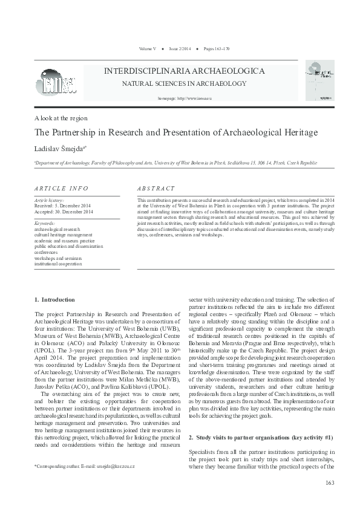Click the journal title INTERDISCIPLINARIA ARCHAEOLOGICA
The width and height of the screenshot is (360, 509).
185,71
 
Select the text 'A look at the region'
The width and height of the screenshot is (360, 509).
61,118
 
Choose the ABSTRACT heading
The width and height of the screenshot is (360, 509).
156,189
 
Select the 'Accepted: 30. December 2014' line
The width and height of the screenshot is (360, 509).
64,212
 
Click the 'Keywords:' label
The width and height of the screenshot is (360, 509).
45,224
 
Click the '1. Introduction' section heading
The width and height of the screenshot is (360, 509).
55,299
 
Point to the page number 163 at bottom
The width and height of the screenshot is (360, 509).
330,482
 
